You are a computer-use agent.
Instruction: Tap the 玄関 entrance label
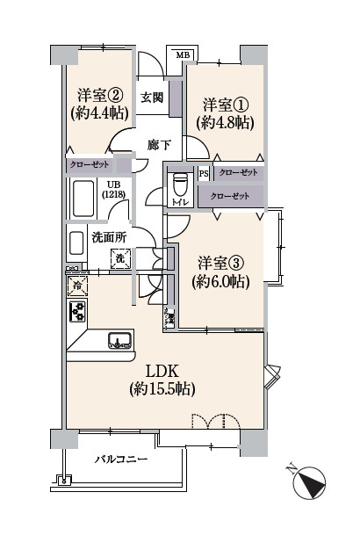[153, 98]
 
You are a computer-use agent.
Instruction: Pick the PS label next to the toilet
[204, 173]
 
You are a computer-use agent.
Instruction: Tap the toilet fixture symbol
[182, 188]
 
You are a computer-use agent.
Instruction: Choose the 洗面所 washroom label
[109, 237]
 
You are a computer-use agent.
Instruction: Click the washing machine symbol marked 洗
[121, 257]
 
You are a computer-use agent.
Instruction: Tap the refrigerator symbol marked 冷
[76, 285]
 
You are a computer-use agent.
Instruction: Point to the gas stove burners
[76, 312]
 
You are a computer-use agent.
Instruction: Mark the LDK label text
[162, 370]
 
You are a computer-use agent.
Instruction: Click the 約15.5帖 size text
[162, 388]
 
